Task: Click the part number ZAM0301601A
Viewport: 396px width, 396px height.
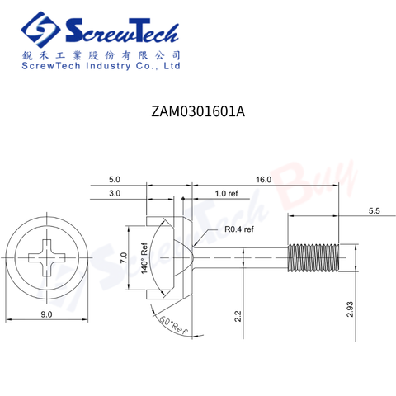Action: click(x=198, y=111)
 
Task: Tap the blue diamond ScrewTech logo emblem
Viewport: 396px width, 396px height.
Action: click(x=41, y=30)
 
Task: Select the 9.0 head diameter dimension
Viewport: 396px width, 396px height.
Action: click(x=46, y=314)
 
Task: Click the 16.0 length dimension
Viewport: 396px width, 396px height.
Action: click(x=264, y=180)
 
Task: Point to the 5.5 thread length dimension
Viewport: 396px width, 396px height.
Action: click(x=374, y=211)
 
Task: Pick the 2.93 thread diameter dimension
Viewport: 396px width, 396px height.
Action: click(x=350, y=309)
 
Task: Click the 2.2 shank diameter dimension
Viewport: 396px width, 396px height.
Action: click(x=238, y=316)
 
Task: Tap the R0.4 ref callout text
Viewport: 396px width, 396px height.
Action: click(x=239, y=229)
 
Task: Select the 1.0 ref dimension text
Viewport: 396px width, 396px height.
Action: click(x=226, y=194)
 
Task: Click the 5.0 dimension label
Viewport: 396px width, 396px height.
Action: click(x=115, y=180)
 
